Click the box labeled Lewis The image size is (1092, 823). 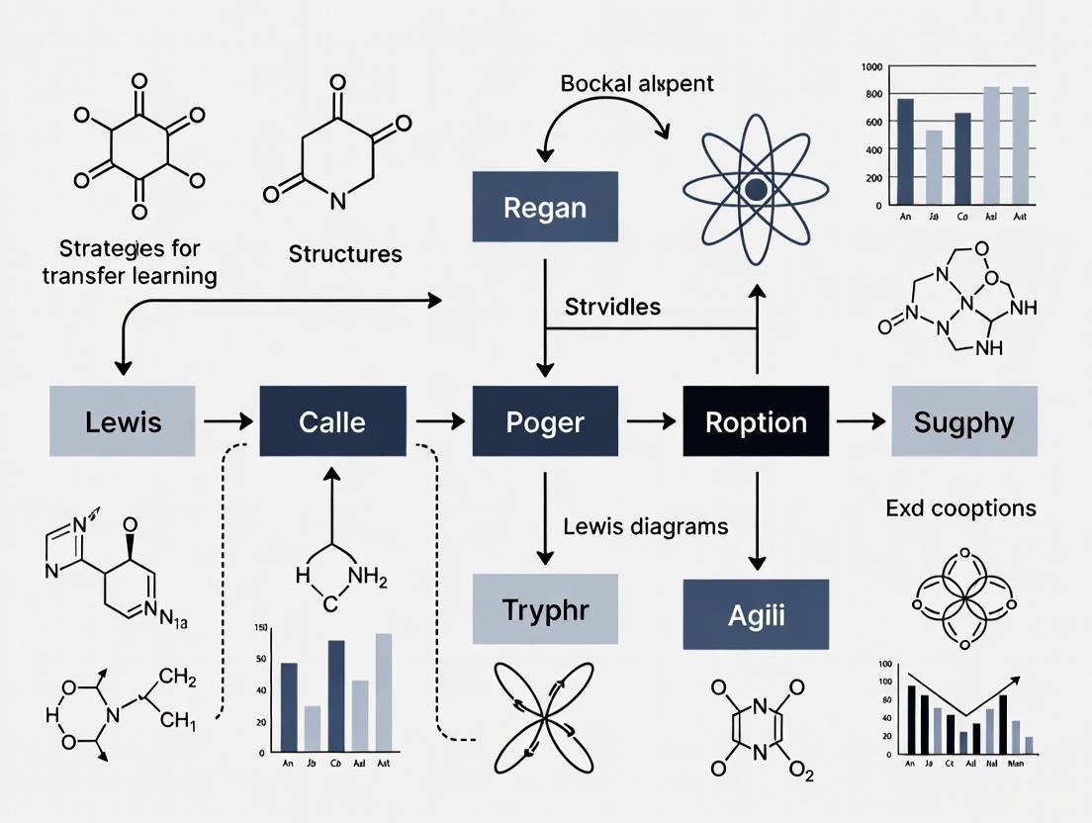pyautogui.click(x=123, y=421)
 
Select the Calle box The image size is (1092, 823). pyautogui.click(x=332, y=421)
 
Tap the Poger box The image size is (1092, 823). pyautogui.click(x=545, y=421)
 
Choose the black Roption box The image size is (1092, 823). pyautogui.click(x=756, y=421)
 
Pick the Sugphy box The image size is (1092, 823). pyautogui.click(x=963, y=421)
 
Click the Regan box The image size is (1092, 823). pyautogui.click(x=545, y=207)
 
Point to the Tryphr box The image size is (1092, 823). pyautogui.click(x=545, y=608)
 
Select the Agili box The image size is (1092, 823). pyautogui.click(x=756, y=614)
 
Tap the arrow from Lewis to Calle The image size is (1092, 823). pyautogui.click(x=227, y=421)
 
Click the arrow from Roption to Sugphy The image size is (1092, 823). pyautogui.click(x=861, y=421)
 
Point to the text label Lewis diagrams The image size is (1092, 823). pyautogui.click(x=645, y=526)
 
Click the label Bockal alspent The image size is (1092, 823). pyautogui.click(x=636, y=83)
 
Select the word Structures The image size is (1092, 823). pyautogui.click(x=345, y=254)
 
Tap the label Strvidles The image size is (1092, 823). pyautogui.click(x=612, y=307)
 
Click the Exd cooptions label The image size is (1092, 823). pyautogui.click(x=960, y=508)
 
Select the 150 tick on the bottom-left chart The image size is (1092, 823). pyautogui.click(x=261, y=628)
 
